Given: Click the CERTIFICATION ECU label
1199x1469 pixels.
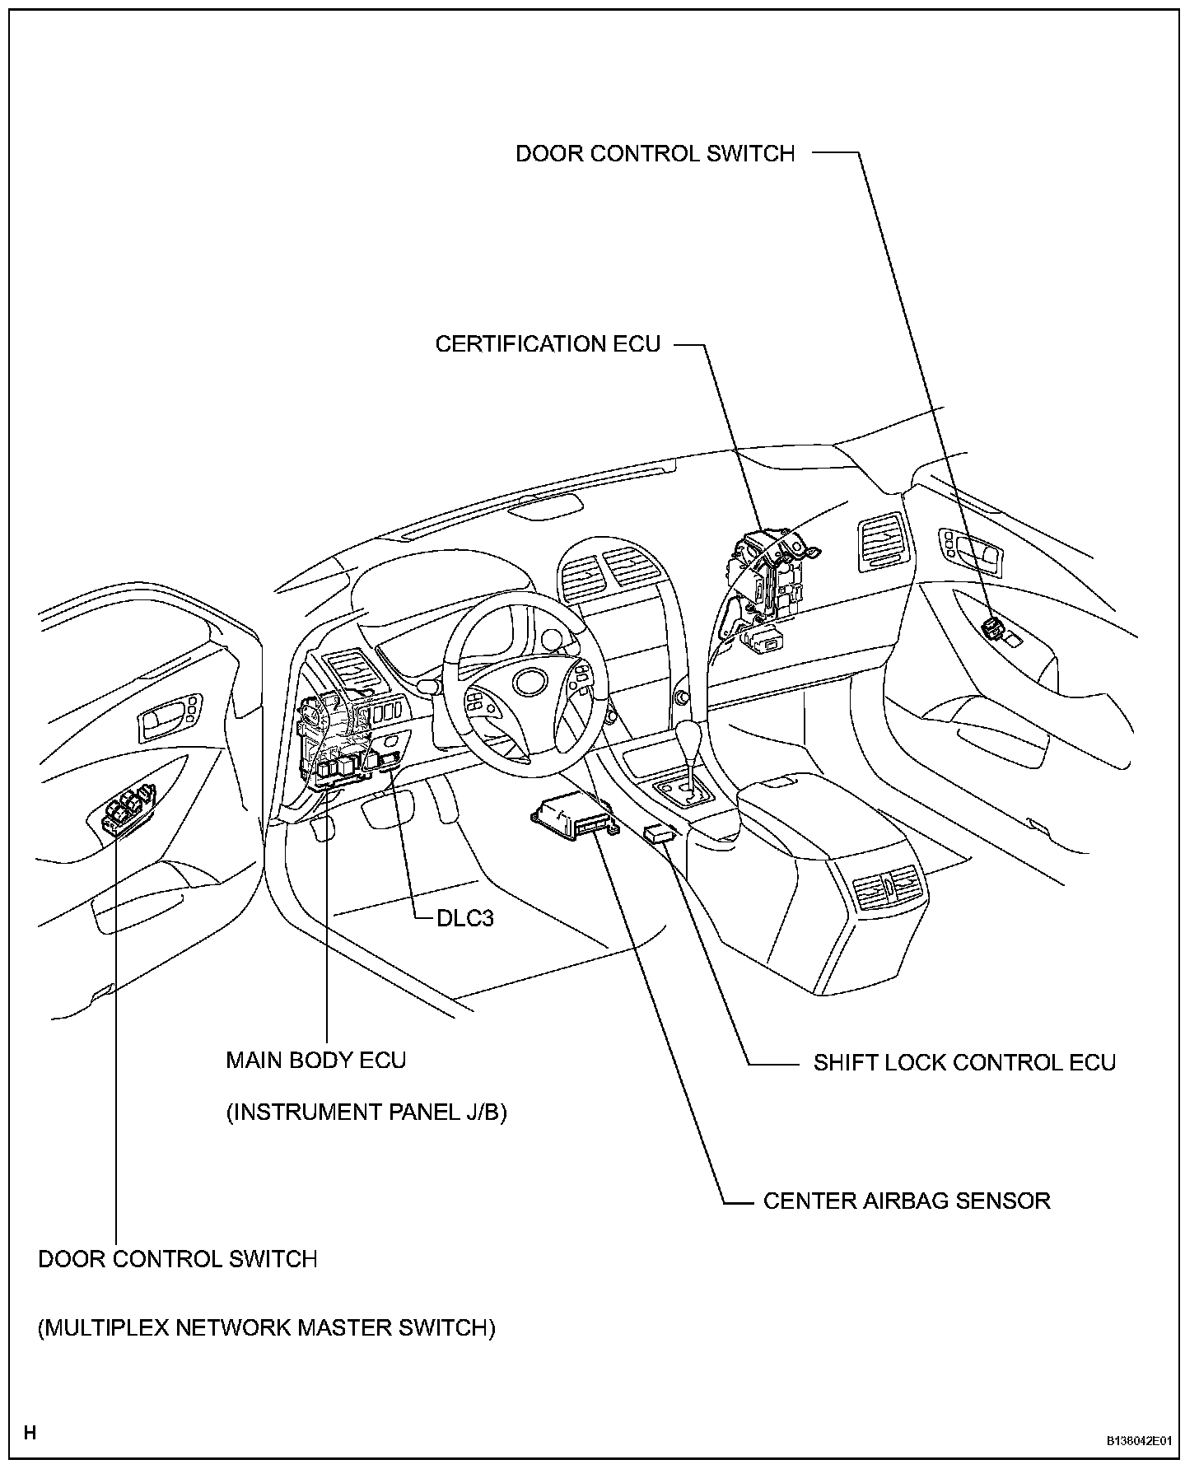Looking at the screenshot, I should [548, 343].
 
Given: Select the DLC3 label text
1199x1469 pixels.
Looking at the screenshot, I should [464, 917].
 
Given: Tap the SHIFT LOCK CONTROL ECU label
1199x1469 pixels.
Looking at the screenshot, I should [964, 1062].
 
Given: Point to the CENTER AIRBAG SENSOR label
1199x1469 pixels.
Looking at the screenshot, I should [907, 1201].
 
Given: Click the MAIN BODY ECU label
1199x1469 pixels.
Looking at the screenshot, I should [316, 1060].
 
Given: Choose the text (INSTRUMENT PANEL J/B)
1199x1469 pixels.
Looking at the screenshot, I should [366, 1112].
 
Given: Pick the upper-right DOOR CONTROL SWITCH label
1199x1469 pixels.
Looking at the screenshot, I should [655, 154].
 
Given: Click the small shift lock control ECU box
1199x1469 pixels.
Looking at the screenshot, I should [660, 833].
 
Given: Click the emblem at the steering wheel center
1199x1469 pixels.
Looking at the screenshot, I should [528, 681].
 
